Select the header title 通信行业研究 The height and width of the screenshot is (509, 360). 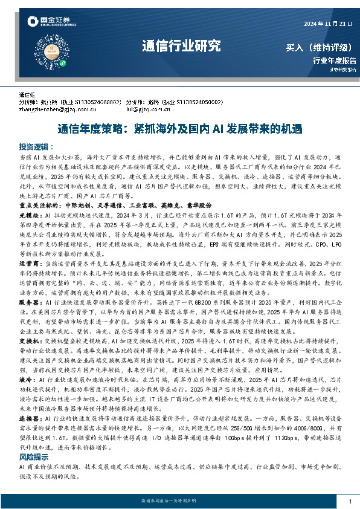(181, 46)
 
